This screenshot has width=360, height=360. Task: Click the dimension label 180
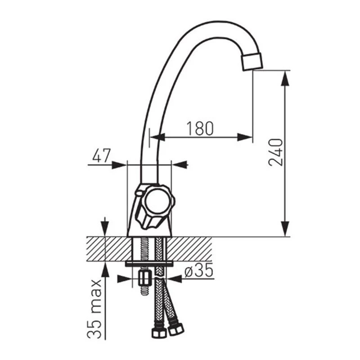200,128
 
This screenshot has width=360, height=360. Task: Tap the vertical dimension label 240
275,152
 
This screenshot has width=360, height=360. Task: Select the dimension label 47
102,155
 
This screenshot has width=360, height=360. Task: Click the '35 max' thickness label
94,309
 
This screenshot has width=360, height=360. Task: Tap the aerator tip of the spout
252,61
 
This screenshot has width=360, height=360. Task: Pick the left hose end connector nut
159,332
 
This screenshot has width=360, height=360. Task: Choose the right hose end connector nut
175,329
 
